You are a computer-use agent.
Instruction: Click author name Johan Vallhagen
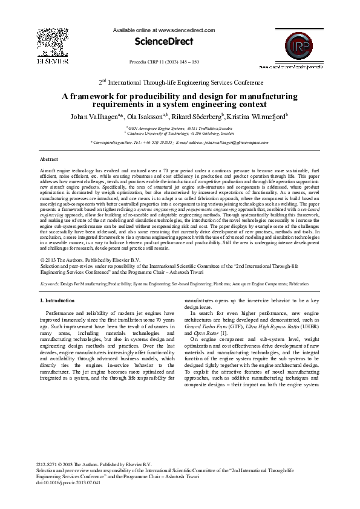click(x=96, y=116)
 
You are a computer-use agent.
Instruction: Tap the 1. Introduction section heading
click(x=57, y=300)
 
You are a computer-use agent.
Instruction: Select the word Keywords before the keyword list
click(x=49, y=283)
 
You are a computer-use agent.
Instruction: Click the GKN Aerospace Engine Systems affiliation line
click(x=180, y=129)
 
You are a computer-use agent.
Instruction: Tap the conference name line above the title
click(x=180, y=82)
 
